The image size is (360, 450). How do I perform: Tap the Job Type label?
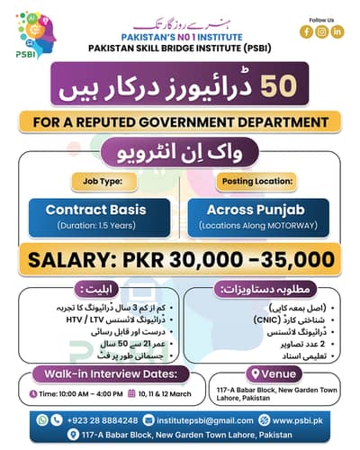(100, 179)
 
